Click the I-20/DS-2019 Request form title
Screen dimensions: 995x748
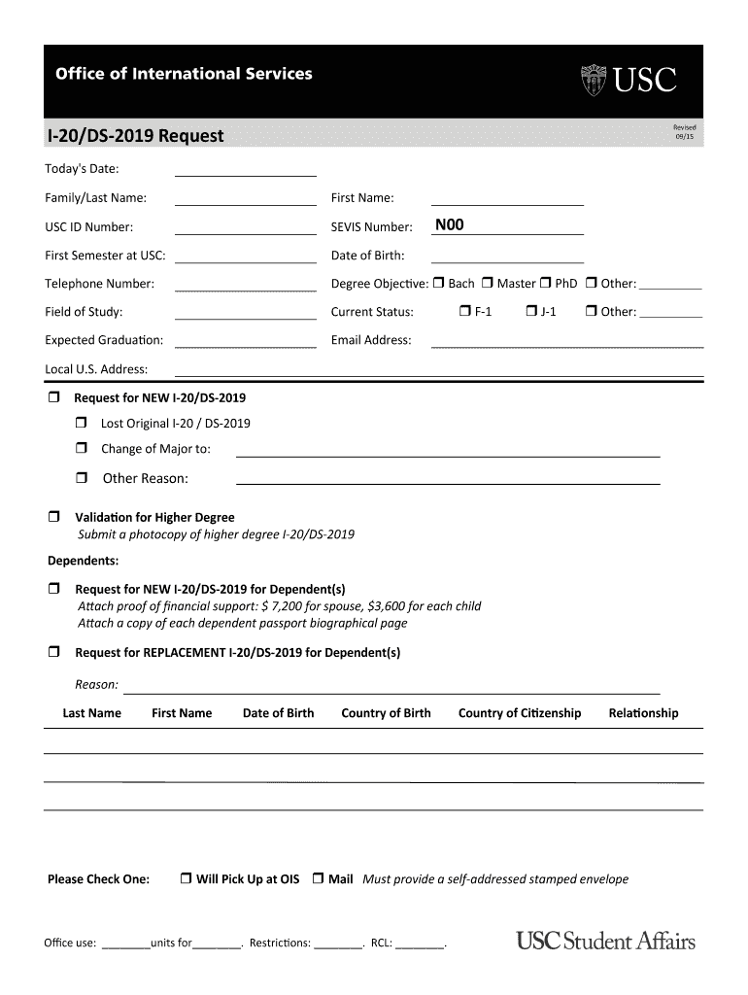[135, 136]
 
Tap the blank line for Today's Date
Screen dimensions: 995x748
[245, 169]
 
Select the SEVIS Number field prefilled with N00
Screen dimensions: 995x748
[507, 226]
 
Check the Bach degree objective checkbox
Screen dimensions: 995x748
[438, 284]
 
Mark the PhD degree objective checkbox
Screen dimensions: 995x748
[546, 284]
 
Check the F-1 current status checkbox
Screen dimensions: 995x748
[465, 312]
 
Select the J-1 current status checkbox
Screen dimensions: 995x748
[531, 312]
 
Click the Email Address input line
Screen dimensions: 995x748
[566, 340]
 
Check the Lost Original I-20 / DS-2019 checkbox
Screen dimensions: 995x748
[82, 423]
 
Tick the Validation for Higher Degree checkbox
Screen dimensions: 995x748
[54, 517]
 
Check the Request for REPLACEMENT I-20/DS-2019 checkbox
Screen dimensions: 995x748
[54, 652]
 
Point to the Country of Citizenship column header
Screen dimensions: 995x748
[519, 713]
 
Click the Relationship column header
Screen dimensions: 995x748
[643, 713]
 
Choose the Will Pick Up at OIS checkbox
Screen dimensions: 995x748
[186, 879]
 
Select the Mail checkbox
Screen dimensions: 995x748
[318, 879]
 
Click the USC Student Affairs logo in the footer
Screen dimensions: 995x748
[605, 941]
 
